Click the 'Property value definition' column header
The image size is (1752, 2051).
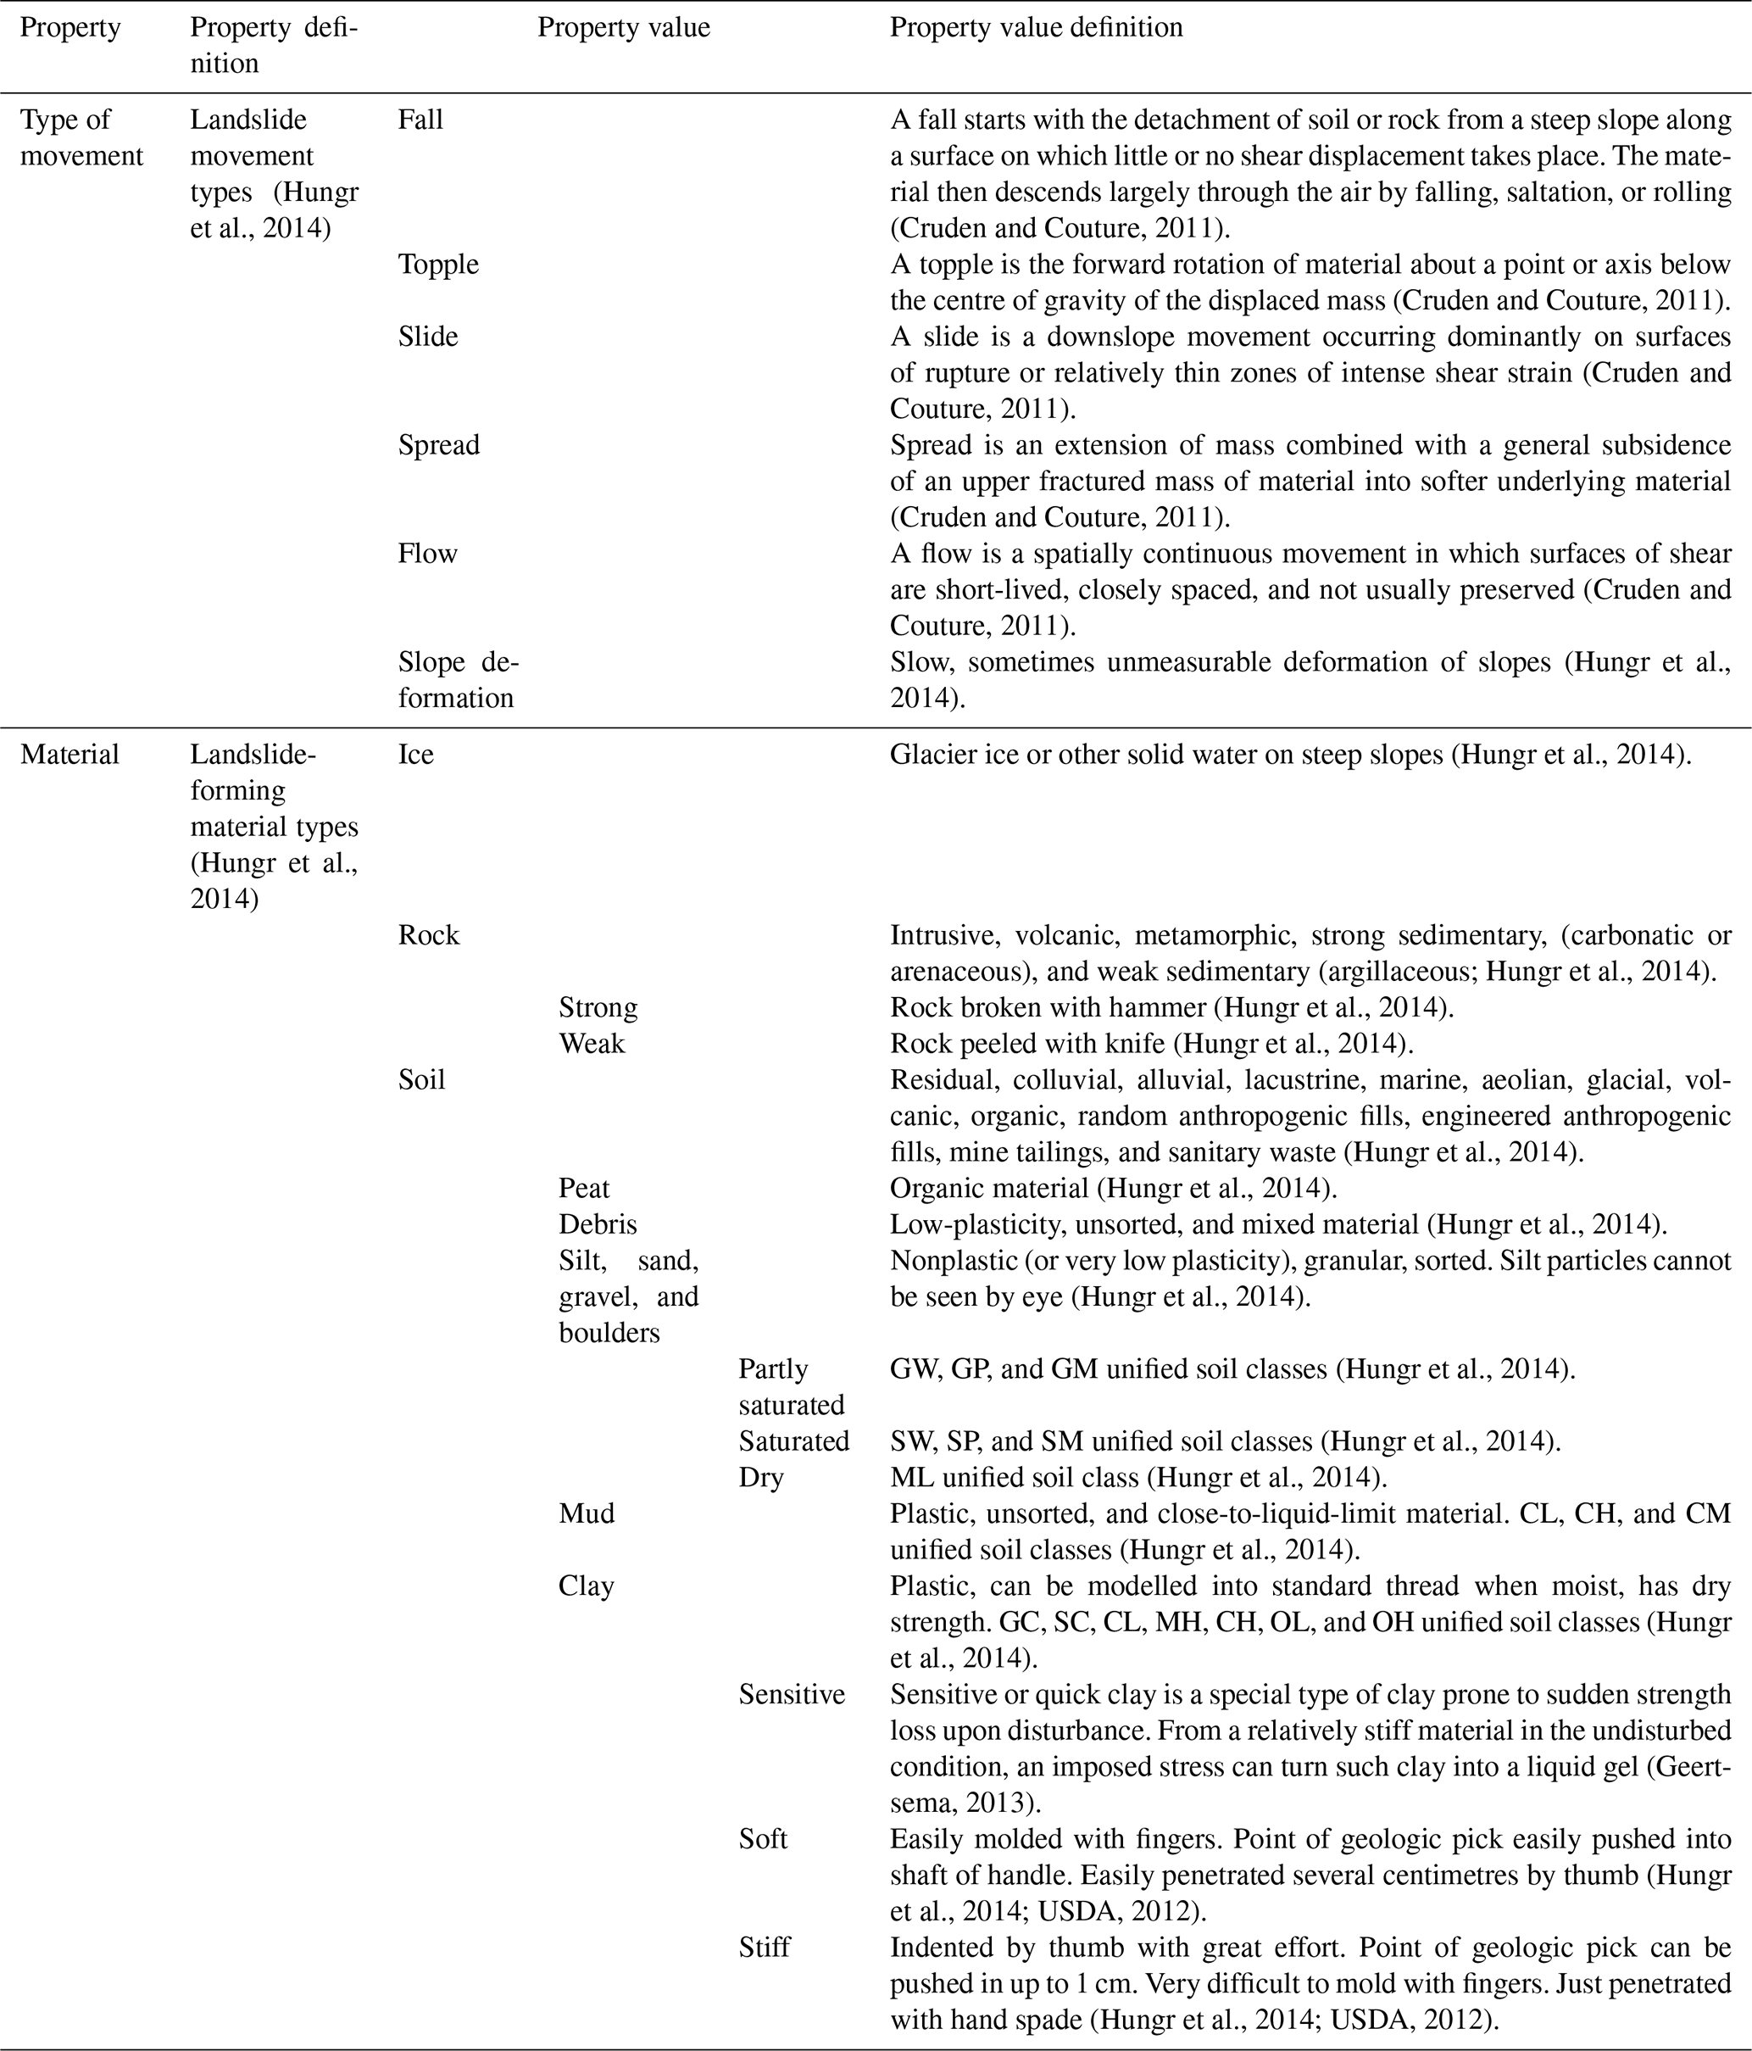(1036, 28)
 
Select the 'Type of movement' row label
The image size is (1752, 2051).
(81, 137)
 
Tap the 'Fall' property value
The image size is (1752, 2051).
(420, 120)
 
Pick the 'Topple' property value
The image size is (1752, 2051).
(438, 265)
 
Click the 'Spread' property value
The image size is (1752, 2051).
(438, 444)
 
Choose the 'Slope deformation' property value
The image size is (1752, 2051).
(458, 679)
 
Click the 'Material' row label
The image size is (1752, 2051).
(70, 755)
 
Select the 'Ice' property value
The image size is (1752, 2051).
(415, 755)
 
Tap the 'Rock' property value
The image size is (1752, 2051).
(429, 934)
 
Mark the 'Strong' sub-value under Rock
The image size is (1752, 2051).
(598, 1007)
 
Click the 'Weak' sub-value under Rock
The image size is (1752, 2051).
(592, 1044)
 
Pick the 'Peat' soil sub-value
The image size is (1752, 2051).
(584, 1188)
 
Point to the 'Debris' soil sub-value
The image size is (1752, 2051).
(598, 1223)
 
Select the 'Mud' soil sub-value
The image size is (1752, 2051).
(586, 1513)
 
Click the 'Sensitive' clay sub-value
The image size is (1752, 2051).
(792, 1694)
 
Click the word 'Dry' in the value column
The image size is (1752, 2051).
(761, 1477)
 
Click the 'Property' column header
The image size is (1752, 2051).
(70, 28)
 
